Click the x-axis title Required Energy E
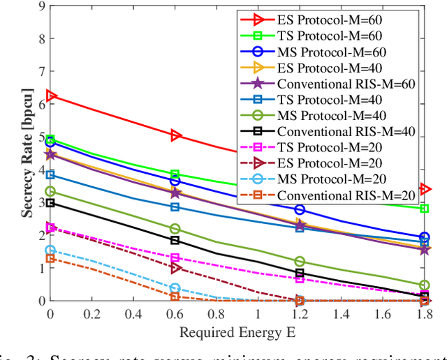pyautogui.click(x=237, y=332)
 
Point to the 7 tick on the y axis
pyautogui.click(x=42, y=71)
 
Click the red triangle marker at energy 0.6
pyautogui.click(x=175, y=135)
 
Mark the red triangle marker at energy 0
pyautogui.click(x=50, y=96)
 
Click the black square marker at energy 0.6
pyautogui.click(x=175, y=240)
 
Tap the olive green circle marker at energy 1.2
pyautogui.click(x=300, y=262)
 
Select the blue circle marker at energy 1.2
pyautogui.click(x=300, y=209)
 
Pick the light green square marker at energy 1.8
pyautogui.click(x=424, y=209)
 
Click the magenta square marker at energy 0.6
pyautogui.click(x=175, y=258)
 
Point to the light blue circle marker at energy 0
pyautogui.click(x=50, y=250)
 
